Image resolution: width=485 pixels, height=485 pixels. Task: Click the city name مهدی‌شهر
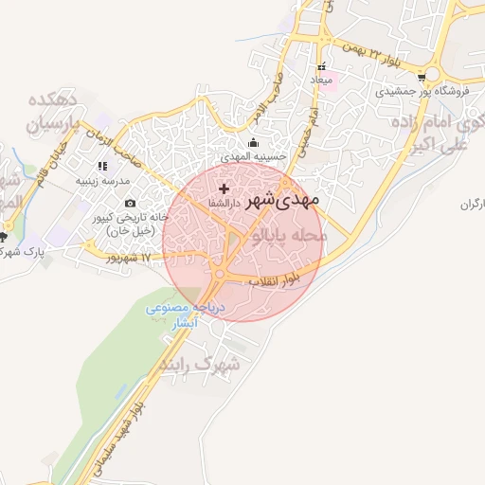click(x=283, y=201)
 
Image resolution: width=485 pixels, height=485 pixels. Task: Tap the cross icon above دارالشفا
click(x=224, y=189)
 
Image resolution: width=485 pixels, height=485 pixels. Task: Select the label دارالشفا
click(x=225, y=203)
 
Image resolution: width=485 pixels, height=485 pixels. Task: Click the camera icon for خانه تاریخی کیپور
click(x=130, y=203)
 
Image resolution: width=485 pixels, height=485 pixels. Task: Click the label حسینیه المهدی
click(x=247, y=154)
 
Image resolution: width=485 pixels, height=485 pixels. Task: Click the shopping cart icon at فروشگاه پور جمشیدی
click(x=421, y=93)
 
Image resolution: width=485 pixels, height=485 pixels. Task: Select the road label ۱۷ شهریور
click(x=128, y=257)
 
